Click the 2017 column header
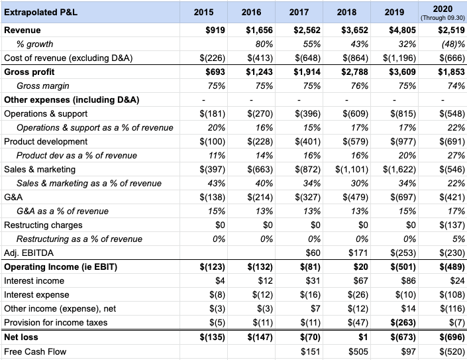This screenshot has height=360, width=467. pyautogui.click(x=299, y=12)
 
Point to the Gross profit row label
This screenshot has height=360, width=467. pyautogui.click(x=30, y=72)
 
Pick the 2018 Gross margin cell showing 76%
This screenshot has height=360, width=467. pyautogui.click(x=346, y=86)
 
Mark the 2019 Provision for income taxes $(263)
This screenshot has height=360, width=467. pyautogui.click(x=400, y=322)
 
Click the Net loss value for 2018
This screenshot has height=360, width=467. pyautogui.click(x=353, y=337)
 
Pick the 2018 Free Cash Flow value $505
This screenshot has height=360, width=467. pyautogui.click(x=348, y=351)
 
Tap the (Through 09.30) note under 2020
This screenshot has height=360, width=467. pyautogui.click(x=441, y=17)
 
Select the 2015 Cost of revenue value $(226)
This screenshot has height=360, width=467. pyautogui.click(x=213, y=58)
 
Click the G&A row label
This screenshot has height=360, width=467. pyautogui.click(x=13, y=197)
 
